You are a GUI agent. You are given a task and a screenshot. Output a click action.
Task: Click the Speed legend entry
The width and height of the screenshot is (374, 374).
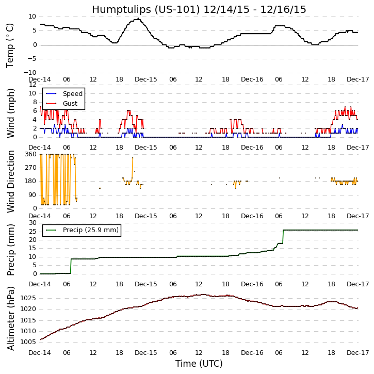pos(72,94)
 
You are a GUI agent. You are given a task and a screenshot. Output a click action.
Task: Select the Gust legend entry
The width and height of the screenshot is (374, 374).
pos(71,104)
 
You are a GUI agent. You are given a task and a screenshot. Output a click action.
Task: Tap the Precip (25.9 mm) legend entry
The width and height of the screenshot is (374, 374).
pos(90,230)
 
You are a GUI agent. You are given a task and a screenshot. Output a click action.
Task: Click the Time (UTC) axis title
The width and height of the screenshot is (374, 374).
pos(199,364)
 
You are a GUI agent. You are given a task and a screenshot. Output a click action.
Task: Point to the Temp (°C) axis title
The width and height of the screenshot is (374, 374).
pos(10,44)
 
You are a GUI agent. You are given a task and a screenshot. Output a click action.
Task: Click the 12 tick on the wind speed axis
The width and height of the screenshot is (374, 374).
pos(32,84)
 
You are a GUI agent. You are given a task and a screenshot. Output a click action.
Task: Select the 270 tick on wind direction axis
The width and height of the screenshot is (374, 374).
pos(30,168)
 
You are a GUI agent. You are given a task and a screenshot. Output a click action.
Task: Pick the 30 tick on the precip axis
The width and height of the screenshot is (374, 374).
pos(32,222)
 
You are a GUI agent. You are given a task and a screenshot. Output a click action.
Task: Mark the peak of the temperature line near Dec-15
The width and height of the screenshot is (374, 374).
pos(138,19)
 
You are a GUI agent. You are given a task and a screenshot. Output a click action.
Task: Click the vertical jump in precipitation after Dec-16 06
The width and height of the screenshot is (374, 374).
pos(283,237)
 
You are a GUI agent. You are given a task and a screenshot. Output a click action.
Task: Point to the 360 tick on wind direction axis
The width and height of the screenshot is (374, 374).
pos(30,154)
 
